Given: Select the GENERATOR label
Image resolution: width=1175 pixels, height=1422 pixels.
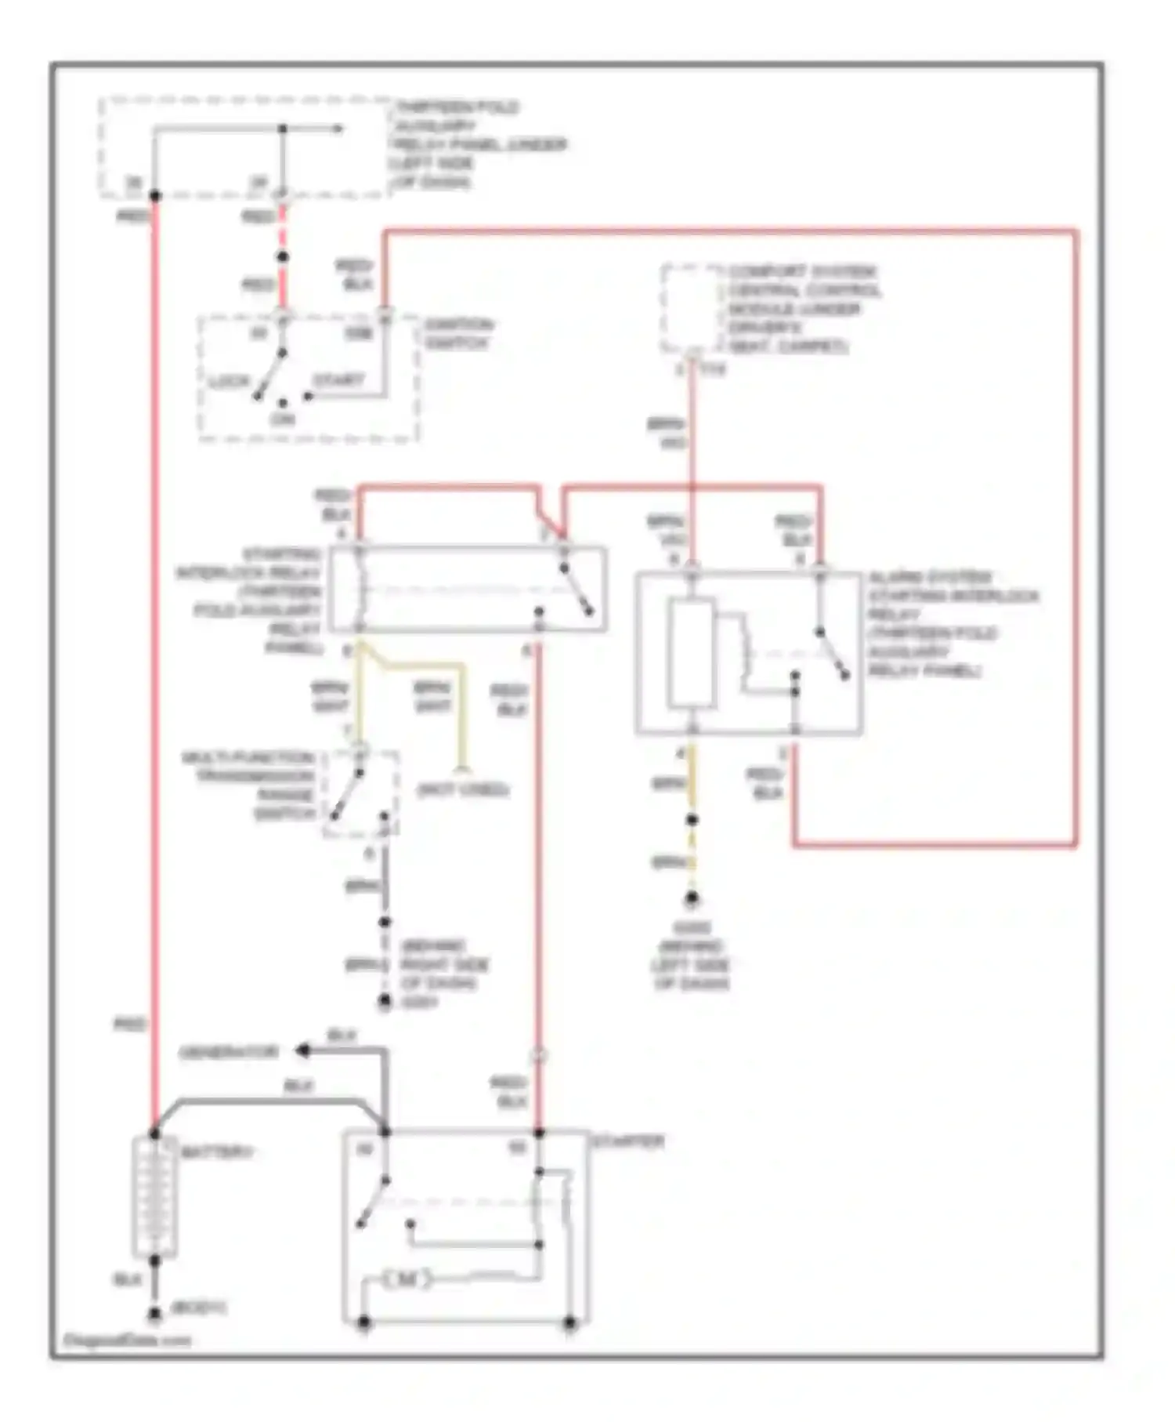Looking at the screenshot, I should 229,1052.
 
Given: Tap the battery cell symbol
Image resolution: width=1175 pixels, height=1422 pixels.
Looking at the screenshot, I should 154,1195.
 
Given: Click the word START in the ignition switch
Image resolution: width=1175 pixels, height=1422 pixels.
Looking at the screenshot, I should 339,381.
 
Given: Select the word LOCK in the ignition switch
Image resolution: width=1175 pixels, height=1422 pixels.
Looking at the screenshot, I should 230,382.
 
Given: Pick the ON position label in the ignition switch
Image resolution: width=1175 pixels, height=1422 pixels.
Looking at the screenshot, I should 282,419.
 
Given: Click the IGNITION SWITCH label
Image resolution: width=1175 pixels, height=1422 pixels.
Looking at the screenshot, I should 457,334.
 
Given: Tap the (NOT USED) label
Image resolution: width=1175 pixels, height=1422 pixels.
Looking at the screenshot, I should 463,789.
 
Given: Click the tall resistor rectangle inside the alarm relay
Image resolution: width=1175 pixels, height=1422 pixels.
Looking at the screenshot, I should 691,653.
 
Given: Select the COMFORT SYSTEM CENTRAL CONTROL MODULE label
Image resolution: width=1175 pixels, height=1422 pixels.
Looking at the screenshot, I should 803,308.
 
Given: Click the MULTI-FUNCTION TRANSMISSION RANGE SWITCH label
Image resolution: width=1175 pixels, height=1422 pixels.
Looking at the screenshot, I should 249,785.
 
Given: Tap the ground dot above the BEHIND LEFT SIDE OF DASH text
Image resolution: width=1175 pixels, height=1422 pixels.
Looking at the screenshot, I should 692,899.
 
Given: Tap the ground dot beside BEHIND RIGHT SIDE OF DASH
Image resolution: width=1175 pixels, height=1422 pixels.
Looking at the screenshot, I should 385,1002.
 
